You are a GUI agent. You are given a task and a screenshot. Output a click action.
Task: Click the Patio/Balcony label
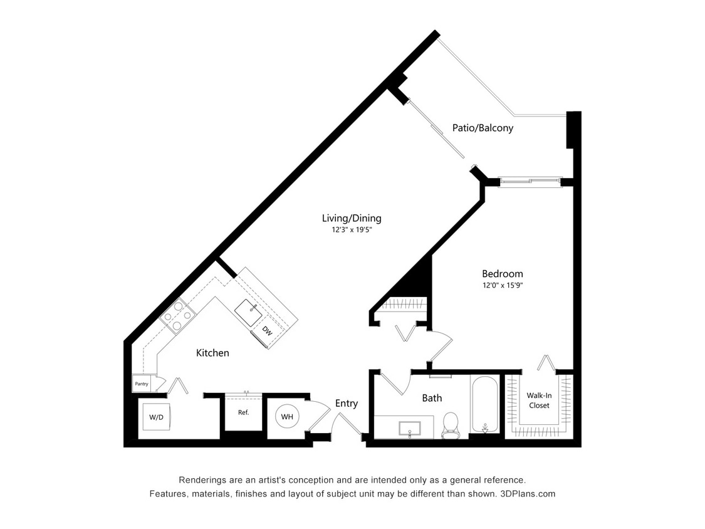point(483,128)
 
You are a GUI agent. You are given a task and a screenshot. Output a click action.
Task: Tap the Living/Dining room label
point(351,218)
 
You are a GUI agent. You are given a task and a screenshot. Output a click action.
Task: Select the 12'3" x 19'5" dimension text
point(356,230)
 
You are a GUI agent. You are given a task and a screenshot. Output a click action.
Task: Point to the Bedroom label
point(502,273)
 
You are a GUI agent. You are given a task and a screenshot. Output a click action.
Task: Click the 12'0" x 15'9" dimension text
point(502,285)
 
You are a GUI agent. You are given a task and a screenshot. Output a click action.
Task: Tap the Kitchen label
point(212,353)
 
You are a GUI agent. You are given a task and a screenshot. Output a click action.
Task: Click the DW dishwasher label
point(267,331)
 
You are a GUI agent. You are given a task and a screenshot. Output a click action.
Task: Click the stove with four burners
point(176,316)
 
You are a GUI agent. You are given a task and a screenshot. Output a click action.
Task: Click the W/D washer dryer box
point(155,417)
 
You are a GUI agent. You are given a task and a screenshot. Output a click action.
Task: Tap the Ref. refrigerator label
point(243,412)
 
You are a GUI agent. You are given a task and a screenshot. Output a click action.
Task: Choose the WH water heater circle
point(286,416)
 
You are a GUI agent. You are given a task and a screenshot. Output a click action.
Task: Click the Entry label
point(346,403)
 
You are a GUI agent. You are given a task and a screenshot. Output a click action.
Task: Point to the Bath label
point(431,397)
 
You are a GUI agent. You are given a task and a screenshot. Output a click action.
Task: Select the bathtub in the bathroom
point(485,405)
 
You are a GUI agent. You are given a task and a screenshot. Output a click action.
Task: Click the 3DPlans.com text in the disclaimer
point(527,493)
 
